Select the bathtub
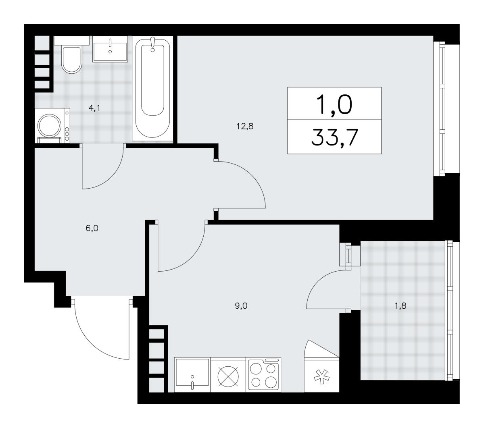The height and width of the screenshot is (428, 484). pyautogui.click(x=152, y=88)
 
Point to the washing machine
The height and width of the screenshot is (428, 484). pyautogui.click(x=52, y=126)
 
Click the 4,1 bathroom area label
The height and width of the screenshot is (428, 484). pyautogui.click(x=94, y=108)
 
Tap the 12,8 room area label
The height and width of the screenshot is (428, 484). pyautogui.click(x=245, y=126)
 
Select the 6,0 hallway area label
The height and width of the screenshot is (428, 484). pyautogui.click(x=92, y=229)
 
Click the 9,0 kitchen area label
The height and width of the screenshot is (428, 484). pyautogui.click(x=241, y=306)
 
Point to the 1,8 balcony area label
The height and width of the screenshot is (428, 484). pyautogui.click(x=401, y=306)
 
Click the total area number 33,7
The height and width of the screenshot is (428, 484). pyautogui.click(x=335, y=137)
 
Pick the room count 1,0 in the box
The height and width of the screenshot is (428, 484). pyautogui.click(x=334, y=104)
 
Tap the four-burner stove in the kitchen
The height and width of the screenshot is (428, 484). pyautogui.click(x=263, y=374)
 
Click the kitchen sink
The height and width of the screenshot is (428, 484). pyautogui.click(x=192, y=374)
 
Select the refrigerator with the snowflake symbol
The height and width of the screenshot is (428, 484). pyautogui.click(x=321, y=374)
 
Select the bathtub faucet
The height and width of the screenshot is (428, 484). pyautogui.click(x=152, y=44)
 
